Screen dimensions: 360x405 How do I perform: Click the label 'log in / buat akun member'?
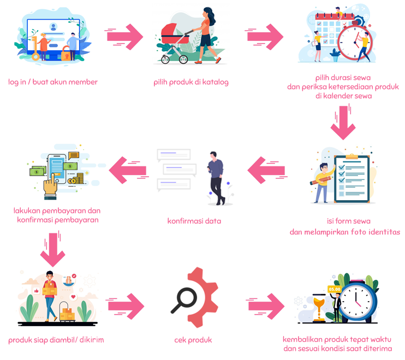pyautogui.click(x=53, y=82)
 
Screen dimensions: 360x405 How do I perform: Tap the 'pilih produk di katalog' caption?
pyautogui.click(x=191, y=82)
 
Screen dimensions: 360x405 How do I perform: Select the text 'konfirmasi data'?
pyautogui.click(x=194, y=221)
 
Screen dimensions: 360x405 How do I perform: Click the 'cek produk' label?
pyautogui.click(x=193, y=340)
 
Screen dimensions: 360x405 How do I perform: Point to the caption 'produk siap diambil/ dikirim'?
pyautogui.click(x=56, y=340)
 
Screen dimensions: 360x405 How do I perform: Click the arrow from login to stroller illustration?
pyautogui.click(x=124, y=37)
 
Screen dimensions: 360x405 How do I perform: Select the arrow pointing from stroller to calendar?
pyautogui.click(x=264, y=37)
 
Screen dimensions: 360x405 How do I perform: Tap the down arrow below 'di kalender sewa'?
pyautogui.click(x=342, y=123)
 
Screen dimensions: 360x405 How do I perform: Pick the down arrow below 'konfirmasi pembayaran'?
pyautogui.click(x=53, y=249)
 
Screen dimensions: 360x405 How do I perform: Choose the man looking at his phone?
pyautogui.click(x=216, y=178)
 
